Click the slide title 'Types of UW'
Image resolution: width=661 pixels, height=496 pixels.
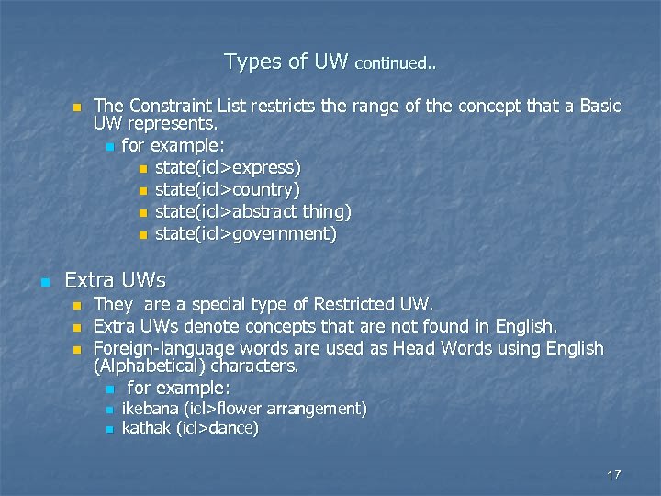point(286,62)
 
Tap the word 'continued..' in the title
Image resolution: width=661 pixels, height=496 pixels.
point(396,64)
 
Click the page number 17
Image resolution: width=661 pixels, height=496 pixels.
point(614,475)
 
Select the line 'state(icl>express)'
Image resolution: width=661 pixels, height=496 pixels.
point(228,168)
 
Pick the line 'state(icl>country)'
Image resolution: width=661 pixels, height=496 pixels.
point(228,190)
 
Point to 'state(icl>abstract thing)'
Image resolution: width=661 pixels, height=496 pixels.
point(253,212)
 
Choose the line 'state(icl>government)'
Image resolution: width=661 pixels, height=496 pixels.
point(246,234)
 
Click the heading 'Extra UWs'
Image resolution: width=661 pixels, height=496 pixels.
point(115,279)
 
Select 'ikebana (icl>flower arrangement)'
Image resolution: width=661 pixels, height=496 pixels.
point(244,408)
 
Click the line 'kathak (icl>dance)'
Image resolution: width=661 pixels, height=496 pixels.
point(190,428)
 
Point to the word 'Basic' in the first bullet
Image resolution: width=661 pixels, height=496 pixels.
point(598,107)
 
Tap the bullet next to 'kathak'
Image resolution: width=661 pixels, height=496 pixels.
point(109,429)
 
